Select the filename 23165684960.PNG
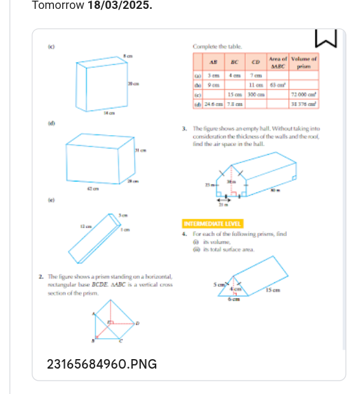coord(102,364)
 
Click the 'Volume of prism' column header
coord(305,62)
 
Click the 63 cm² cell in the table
coord(277,84)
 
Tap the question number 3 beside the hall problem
coord(183,129)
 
